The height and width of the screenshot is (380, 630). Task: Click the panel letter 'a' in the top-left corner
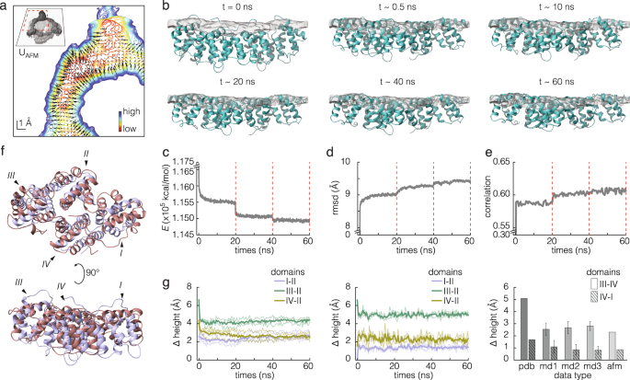click(5, 7)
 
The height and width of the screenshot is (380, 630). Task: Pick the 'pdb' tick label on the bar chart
click(523, 363)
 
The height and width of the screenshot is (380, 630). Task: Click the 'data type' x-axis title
click(566, 374)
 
